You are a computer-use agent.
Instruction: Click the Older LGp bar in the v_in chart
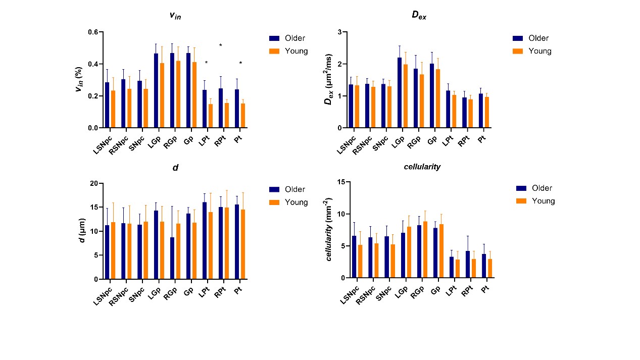(x=156, y=91)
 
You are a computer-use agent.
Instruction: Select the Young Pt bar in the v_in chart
(x=242, y=116)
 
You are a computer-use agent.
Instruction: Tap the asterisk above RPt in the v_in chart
(x=221, y=46)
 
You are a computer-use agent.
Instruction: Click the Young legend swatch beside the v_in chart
(x=274, y=51)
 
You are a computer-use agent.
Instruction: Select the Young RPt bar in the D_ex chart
(x=470, y=114)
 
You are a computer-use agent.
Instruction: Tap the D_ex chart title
(x=419, y=15)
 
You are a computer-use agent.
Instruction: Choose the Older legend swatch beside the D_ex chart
(x=517, y=38)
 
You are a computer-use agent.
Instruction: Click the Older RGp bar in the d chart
(x=172, y=258)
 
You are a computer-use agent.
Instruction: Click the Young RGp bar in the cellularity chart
(x=425, y=249)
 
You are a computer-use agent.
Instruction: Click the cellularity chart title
(x=422, y=167)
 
